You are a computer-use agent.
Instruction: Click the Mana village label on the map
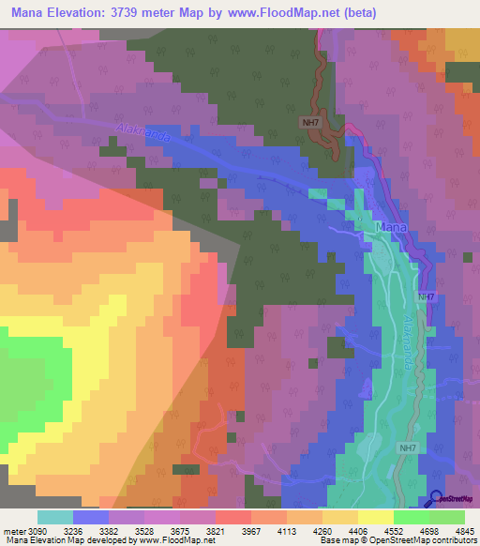pyautogui.click(x=391, y=227)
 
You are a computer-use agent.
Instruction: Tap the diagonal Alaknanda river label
pyautogui.click(x=143, y=133)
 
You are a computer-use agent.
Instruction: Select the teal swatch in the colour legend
pyautogui.click(x=55, y=516)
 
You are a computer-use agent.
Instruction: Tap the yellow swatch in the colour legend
pyautogui.click(x=375, y=516)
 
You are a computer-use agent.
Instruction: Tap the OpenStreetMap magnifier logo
pyautogui.click(x=438, y=501)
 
